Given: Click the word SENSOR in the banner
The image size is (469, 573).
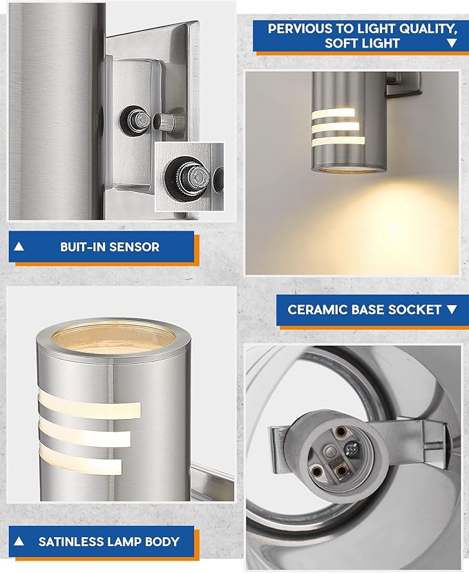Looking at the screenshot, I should (135, 246).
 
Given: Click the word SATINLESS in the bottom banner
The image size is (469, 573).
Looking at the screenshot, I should (72, 542).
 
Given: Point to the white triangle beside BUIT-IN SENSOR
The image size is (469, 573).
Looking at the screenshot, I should (19, 246).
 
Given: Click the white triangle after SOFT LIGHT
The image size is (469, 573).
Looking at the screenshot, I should (452, 43).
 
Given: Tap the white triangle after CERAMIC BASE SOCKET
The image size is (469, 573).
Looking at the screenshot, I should (452, 309).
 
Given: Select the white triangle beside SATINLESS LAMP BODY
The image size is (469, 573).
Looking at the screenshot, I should (19, 542).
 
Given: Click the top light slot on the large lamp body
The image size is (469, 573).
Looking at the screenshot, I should (90, 407).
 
